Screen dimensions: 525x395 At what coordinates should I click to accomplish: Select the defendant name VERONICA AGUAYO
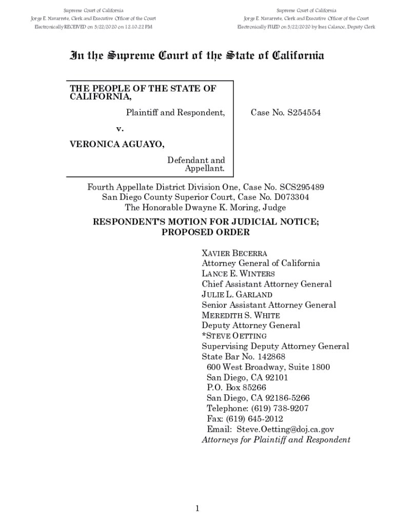pyautogui.click(x=117, y=145)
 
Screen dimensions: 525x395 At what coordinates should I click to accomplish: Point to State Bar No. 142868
pyautogui.click(x=244, y=357)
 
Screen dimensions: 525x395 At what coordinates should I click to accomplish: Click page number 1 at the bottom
pyautogui.click(x=197, y=508)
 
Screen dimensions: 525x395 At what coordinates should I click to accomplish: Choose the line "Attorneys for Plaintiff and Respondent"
pyautogui.click(x=276, y=440)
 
